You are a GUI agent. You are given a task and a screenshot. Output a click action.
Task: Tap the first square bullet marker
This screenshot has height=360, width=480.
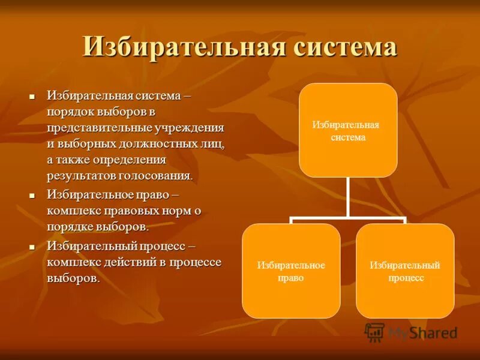coord(33,96)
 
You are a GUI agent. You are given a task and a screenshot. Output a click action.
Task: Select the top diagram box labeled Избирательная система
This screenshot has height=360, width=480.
coord(348,130)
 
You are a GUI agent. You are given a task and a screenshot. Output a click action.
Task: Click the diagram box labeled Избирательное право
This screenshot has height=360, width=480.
coord(291,271)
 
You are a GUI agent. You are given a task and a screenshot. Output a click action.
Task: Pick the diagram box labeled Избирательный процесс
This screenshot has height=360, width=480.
coord(405,271)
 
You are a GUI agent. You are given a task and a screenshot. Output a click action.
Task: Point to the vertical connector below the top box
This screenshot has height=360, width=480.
coord(348,198)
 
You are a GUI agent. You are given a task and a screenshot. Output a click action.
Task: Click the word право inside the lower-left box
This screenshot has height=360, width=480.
coord(291,278)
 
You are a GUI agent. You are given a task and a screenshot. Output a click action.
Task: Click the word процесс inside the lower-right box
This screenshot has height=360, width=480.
coord(406,278)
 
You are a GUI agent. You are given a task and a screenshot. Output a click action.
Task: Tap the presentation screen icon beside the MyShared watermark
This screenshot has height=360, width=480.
coord(374,332)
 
